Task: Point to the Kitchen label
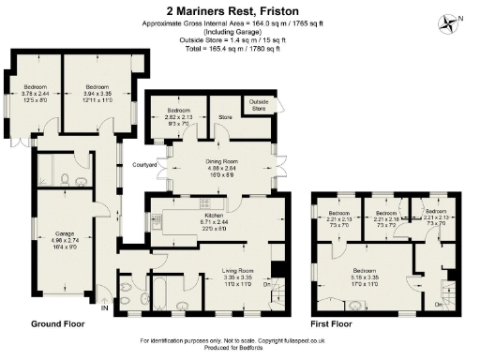[x=216, y=217]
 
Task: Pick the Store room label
[x=225, y=117]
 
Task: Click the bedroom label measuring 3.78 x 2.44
[x=35, y=91]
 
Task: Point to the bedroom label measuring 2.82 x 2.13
[x=178, y=115]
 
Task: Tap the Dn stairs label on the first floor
[x=439, y=306]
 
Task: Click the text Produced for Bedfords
[x=241, y=347]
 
